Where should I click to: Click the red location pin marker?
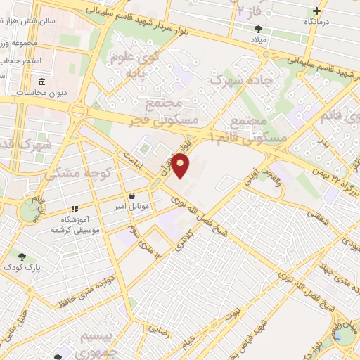(x=181, y=165)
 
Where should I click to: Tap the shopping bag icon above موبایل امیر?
(x=133, y=196)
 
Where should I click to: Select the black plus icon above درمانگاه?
(x=317, y=11)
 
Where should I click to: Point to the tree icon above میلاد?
(x=258, y=29)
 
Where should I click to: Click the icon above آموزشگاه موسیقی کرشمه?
(x=74, y=210)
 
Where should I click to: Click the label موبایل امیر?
(x=131, y=207)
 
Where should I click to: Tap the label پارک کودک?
(x=18, y=268)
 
